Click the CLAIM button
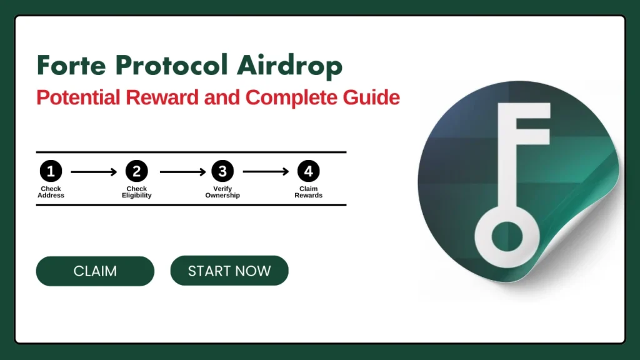pyautogui.click(x=95, y=271)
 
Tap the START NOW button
pyautogui.click(x=229, y=271)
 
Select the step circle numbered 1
pyautogui.click(x=51, y=171)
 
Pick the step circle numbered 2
pyautogui.click(x=136, y=171)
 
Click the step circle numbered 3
pyautogui.click(x=222, y=171)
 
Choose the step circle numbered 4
pyautogui.click(x=308, y=171)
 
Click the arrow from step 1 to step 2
pyautogui.click(x=94, y=171)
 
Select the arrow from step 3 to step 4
pyautogui.click(x=266, y=171)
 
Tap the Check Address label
pyautogui.click(x=51, y=192)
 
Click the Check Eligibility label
pyautogui.click(x=136, y=192)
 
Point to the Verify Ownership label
pyautogui.click(x=222, y=192)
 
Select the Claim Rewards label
pyautogui.click(x=308, y=192)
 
